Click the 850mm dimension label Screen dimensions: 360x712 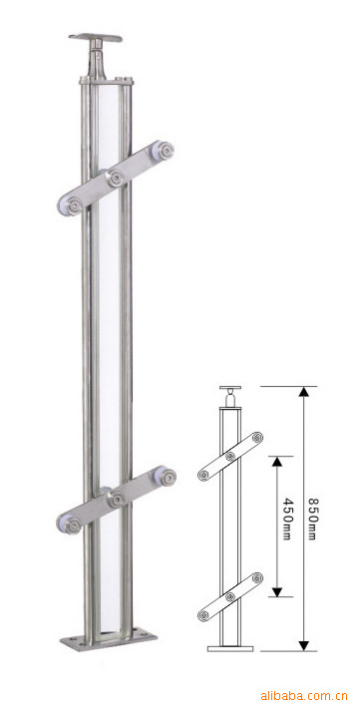point(311,519)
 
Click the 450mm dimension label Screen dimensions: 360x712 point(286,519)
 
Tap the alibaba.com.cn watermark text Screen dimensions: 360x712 point(304,696)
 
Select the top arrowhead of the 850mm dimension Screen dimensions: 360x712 point(304,392)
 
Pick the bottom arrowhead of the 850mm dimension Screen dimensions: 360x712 point(304,645)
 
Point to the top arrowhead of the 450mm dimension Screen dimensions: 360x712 point(277,462)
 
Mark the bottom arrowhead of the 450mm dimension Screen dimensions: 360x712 point(277,591)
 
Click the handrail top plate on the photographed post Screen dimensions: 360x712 point(96,37)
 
